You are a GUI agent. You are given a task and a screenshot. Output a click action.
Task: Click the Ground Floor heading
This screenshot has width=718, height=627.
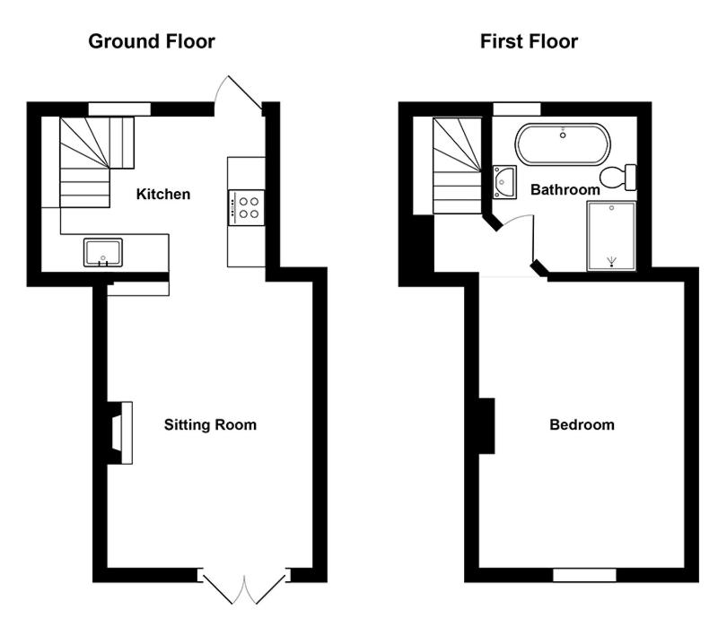coord(152,41)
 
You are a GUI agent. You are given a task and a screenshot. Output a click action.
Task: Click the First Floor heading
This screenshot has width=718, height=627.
coord(529,41)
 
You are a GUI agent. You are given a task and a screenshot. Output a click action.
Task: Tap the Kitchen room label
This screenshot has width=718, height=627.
coord(163,194)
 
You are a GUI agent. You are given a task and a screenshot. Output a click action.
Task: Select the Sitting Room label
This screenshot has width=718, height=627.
coord(210,424)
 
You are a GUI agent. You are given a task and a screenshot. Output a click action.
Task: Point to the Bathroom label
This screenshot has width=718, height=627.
coord(565,189)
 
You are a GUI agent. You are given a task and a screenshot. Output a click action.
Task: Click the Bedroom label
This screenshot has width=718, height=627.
coord(582,424)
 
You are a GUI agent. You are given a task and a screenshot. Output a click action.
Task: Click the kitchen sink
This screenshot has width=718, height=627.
coord(103,252)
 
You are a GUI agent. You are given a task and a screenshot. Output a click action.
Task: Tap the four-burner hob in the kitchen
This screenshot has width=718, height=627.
coord(246,208)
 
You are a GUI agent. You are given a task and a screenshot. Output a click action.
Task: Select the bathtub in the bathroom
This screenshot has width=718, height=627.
coord(563,144)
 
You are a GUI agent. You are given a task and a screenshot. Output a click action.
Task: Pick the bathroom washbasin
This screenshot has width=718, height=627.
coord(504,182)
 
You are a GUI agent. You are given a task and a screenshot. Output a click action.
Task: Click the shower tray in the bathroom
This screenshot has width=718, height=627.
coord(611,236)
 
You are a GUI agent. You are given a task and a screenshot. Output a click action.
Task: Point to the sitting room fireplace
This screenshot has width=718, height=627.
coord(120,433)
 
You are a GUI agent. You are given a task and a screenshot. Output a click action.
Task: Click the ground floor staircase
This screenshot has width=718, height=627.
coord(92,162)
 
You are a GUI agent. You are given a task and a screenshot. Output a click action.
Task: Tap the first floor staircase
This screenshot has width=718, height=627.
coord(457,166)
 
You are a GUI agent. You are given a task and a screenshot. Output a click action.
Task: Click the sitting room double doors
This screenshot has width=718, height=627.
coord(244,588)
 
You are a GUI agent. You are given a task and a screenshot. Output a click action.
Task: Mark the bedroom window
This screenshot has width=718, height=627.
coord(584,575)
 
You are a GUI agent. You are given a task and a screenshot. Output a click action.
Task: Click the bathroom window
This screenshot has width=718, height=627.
coord(517,109)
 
